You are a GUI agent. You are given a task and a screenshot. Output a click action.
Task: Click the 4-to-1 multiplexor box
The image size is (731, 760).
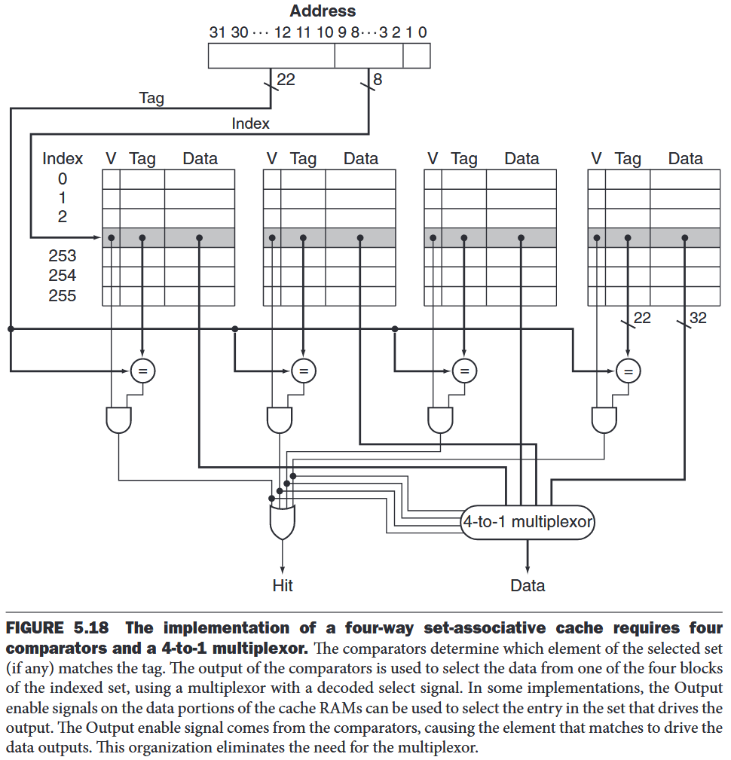click(x=528, y=521)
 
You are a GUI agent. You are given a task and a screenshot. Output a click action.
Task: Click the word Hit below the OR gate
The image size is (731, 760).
click(x=283, y=585)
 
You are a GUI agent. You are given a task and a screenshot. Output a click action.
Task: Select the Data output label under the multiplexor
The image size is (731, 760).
click(x=528, y=585)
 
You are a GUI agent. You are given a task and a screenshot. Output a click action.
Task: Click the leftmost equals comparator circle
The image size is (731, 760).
click(x=142, y=370)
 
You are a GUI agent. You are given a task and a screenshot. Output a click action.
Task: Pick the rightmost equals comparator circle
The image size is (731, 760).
click(x=628, y=370)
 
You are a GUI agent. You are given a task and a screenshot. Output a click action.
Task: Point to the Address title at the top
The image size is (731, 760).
click(x=323, y=11)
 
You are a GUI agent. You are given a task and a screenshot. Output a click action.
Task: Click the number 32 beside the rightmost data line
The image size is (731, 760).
click(x=698, y=318)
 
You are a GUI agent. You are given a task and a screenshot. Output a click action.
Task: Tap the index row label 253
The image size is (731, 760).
click(x=63, y=256)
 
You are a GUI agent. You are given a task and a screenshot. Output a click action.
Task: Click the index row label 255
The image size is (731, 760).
click(x=63, y=295)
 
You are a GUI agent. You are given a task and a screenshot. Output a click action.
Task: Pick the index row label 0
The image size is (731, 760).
click(x=63, y=179)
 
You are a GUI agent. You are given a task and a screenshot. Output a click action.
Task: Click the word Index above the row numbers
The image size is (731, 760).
click(x=63, y=159)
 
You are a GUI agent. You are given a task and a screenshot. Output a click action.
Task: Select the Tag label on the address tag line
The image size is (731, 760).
click(x=151, y=98)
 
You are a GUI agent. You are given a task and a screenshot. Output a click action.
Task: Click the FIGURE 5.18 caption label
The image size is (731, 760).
click(x=57, y=628)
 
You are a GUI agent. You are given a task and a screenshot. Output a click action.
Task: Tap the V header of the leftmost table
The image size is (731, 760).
click(x=111, y=159)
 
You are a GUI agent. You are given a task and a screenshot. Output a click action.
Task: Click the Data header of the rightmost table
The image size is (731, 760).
click(x=685, y=159)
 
